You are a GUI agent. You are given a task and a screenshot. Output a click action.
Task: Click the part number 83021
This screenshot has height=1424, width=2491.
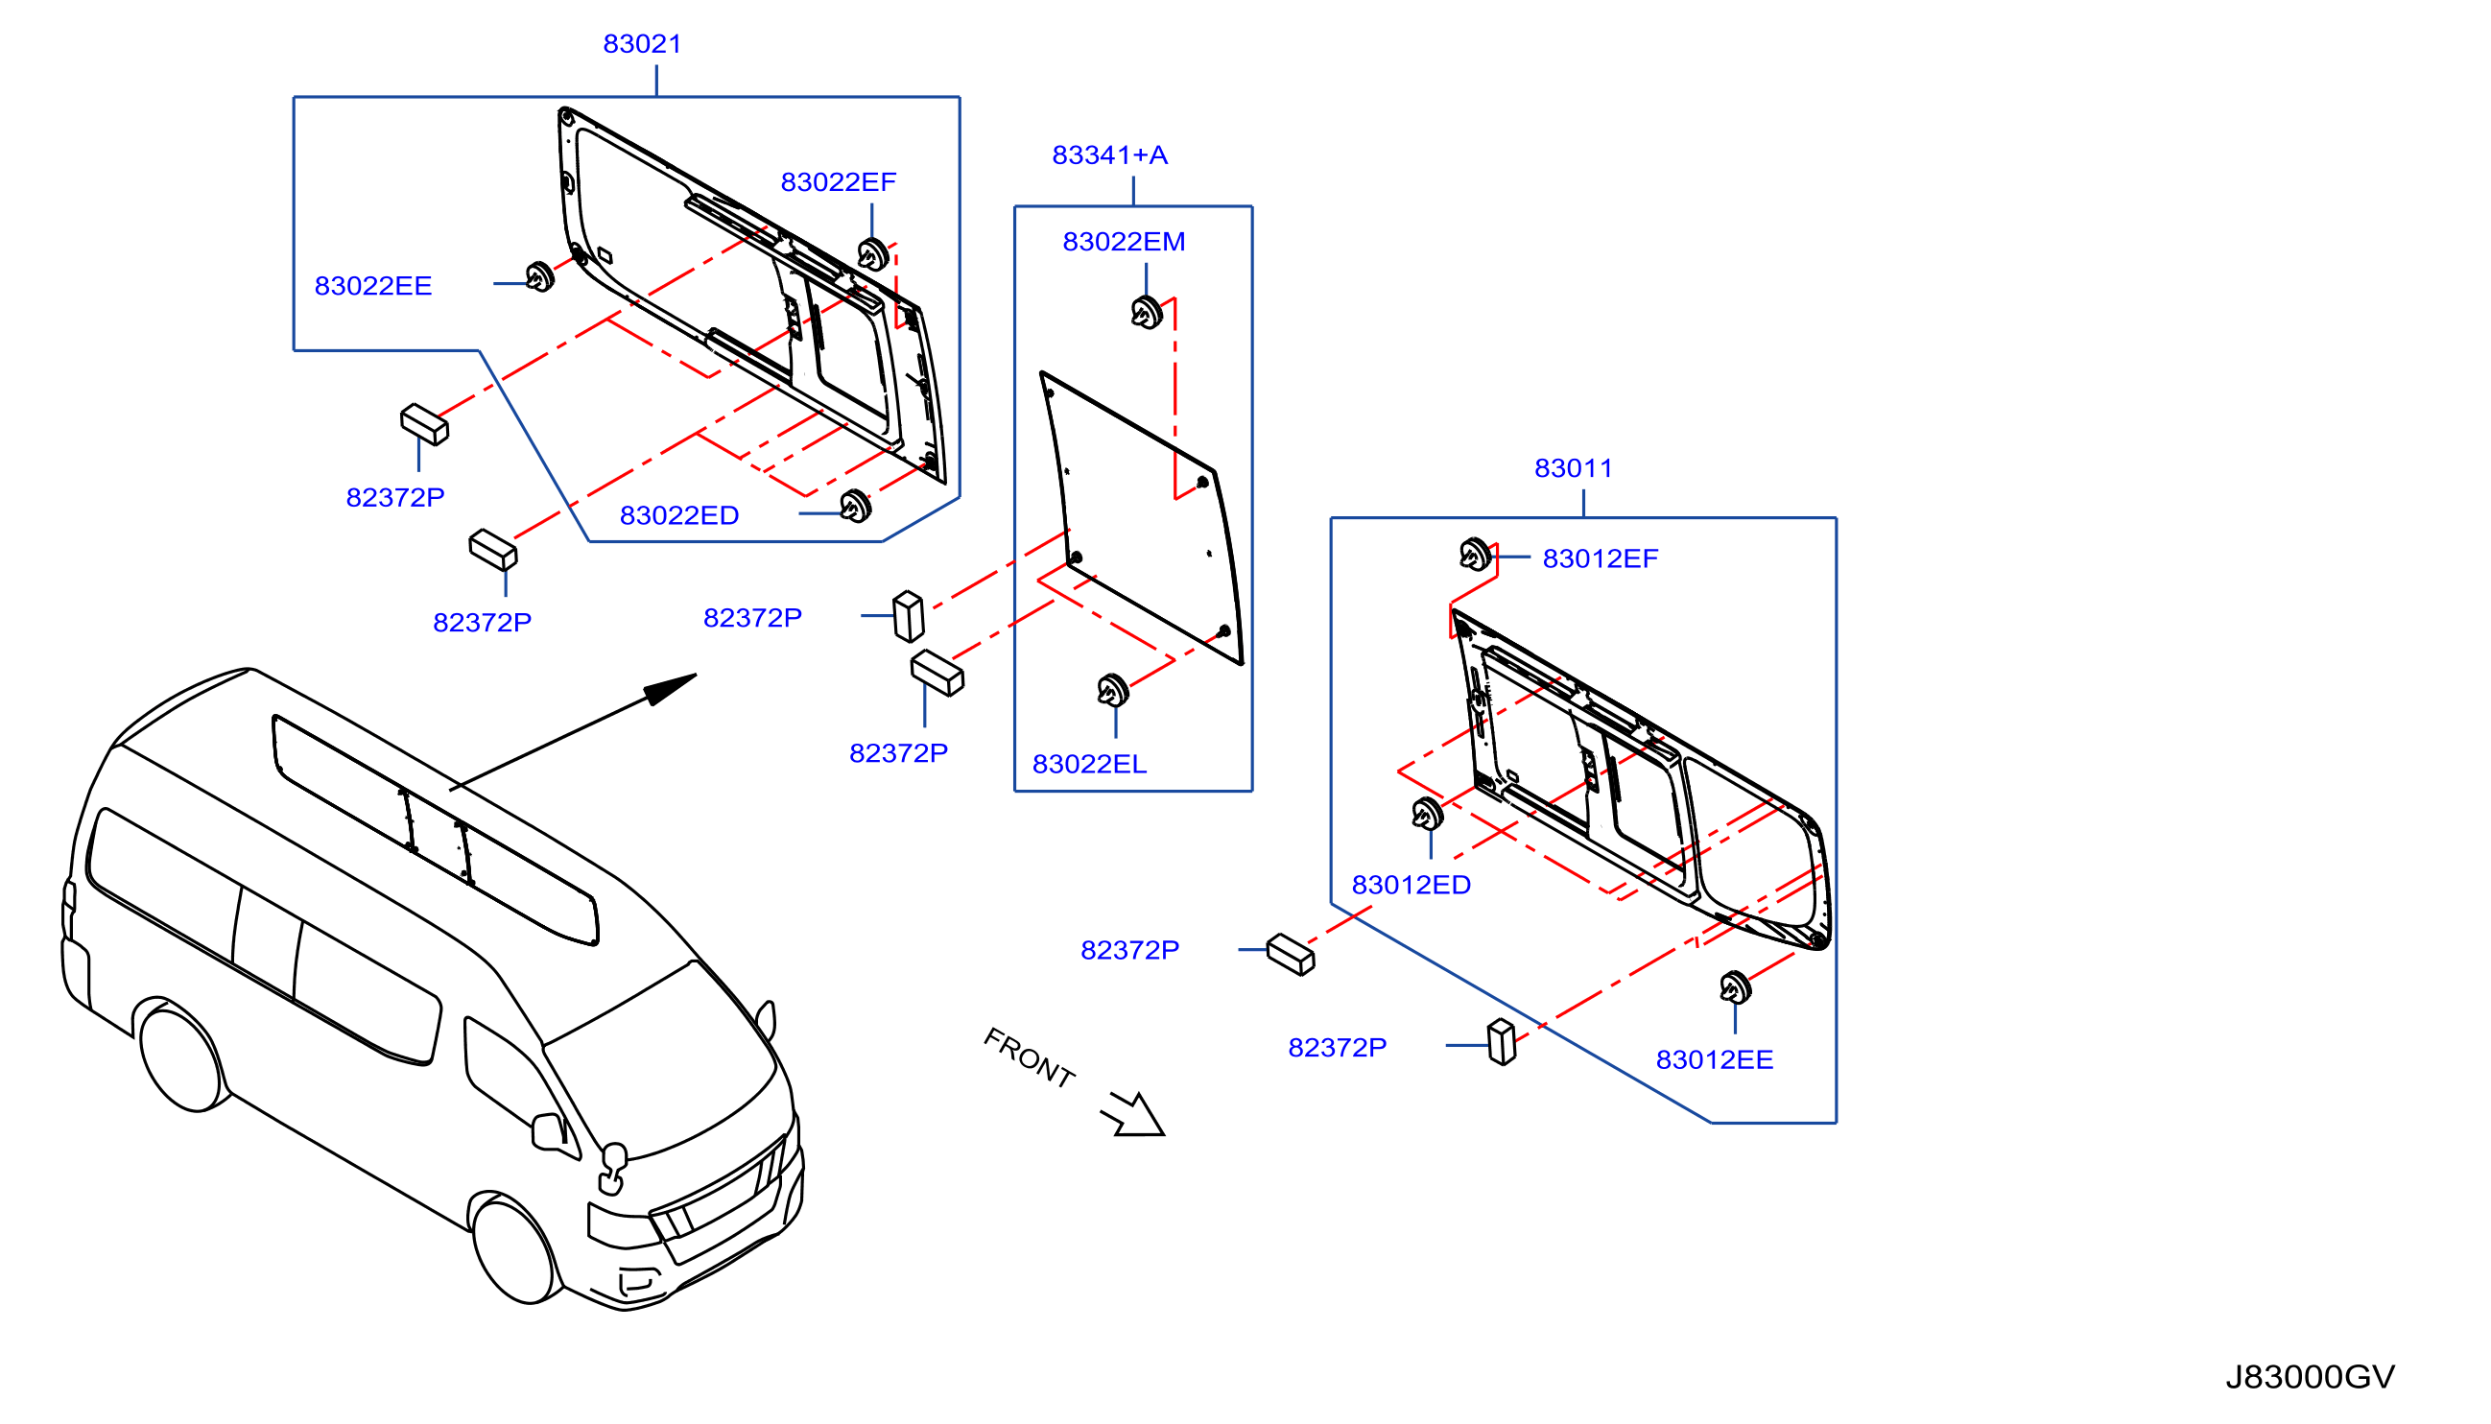point(642,44)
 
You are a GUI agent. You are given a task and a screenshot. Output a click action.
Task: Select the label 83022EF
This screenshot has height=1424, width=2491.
point(838,182)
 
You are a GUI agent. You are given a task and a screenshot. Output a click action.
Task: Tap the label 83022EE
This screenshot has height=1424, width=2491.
point(372,286)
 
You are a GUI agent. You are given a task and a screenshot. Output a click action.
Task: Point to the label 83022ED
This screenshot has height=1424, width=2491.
point(678,515)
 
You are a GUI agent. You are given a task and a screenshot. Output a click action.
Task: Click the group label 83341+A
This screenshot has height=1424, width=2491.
point(1109,154)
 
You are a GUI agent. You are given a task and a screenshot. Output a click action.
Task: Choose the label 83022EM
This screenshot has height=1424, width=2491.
point(1124,242)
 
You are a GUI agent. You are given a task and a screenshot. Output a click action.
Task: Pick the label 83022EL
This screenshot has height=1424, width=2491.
point(1089,764)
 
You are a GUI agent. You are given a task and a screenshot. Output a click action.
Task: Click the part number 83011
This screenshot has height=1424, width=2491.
point(1573,468)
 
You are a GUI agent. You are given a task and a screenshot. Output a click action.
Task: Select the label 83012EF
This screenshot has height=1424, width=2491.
point(1600,558)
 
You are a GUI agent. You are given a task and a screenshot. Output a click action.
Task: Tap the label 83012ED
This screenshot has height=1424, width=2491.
point(1411,885)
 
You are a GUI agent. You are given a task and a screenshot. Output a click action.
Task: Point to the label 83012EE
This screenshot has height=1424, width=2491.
point(1714,1060)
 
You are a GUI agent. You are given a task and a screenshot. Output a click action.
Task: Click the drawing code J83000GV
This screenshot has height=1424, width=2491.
point(2310,1377)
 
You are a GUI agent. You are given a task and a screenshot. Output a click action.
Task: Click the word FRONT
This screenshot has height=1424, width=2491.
point(1028,1058)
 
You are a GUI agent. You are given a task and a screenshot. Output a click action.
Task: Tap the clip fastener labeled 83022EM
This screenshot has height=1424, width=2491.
point(1147,313)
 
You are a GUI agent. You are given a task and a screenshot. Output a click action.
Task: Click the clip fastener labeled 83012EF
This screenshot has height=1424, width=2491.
point(1475,555)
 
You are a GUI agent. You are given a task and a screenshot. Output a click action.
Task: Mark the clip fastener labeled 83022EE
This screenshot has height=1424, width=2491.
point(540,276)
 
